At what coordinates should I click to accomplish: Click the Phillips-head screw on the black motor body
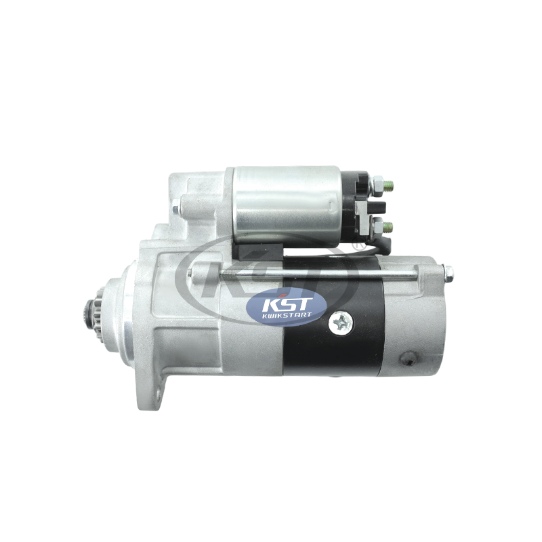click(x=341, y=323)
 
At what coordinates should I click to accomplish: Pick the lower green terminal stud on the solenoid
click(x=389, y=227)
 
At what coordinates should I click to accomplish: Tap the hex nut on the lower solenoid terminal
click(x=378, y=227)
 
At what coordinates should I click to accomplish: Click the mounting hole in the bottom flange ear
click(x=159, y=394)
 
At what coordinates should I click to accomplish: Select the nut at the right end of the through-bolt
click(x=448, y=273)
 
